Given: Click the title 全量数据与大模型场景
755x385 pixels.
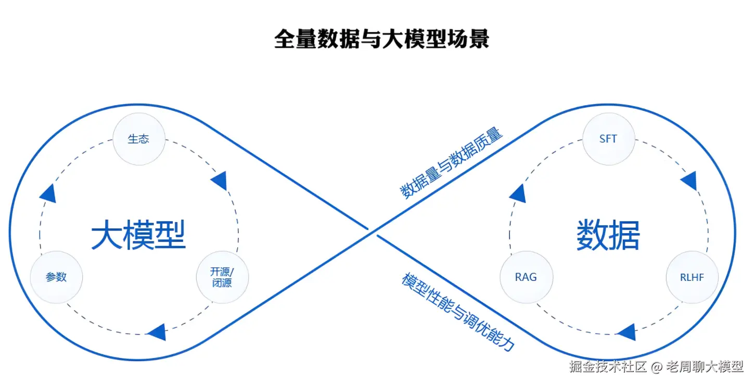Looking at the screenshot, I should pos(381,39).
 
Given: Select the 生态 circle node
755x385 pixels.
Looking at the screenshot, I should pos(139,139).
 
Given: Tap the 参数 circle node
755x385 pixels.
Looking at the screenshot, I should pos(56,277).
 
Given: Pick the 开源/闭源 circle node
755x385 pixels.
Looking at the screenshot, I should pos(222,277).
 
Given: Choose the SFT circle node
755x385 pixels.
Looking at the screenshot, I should pos(608,139).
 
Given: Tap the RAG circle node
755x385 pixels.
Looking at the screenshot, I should pos(526,277).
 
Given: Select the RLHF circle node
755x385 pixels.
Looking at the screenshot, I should pos(692,277).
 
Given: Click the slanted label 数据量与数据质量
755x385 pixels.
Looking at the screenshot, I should pos(451,162).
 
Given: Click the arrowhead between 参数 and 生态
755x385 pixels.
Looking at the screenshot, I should pos(48,193).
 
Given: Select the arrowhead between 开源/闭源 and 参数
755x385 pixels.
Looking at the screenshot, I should pos(157,331).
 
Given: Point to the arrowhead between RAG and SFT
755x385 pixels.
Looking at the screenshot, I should pos(518,194).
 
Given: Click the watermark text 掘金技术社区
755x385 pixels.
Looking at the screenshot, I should pos(608,366).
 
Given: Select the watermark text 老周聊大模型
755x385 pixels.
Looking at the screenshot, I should pos(705,366).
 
